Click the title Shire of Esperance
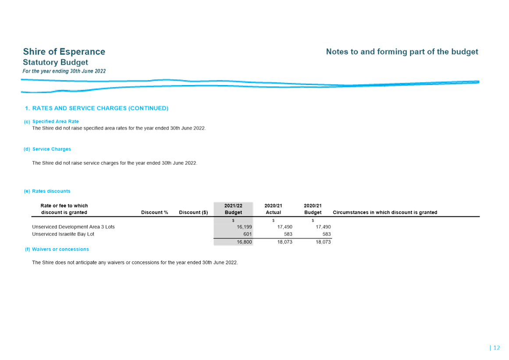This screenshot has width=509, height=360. point(64,52)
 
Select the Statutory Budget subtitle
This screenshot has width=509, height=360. point(56,62)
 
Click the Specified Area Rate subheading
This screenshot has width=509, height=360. point(56,121)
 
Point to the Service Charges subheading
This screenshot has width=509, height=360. point(52,149)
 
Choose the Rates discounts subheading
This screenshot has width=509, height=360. point(51,191)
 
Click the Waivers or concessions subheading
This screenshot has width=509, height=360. point(61,250)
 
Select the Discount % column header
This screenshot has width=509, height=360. point(154,212)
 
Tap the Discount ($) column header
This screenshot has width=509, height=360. point(193,212)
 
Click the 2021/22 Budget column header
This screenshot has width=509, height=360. point(233,209)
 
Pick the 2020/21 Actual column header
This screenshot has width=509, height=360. point(273,209)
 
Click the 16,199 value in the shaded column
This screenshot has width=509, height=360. point(244,227)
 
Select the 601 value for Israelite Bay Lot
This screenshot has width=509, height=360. point(248,234)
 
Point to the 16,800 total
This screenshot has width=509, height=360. point(244,242)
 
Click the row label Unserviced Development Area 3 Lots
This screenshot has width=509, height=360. point(73,227)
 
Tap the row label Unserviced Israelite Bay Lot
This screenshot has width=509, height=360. point(63,234)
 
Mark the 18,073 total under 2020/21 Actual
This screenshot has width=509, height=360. point(285,242)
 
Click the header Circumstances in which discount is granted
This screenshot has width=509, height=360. point(385,212)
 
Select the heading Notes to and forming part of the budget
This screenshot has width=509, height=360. point(402,52)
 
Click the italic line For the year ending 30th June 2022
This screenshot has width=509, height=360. point(64,71)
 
